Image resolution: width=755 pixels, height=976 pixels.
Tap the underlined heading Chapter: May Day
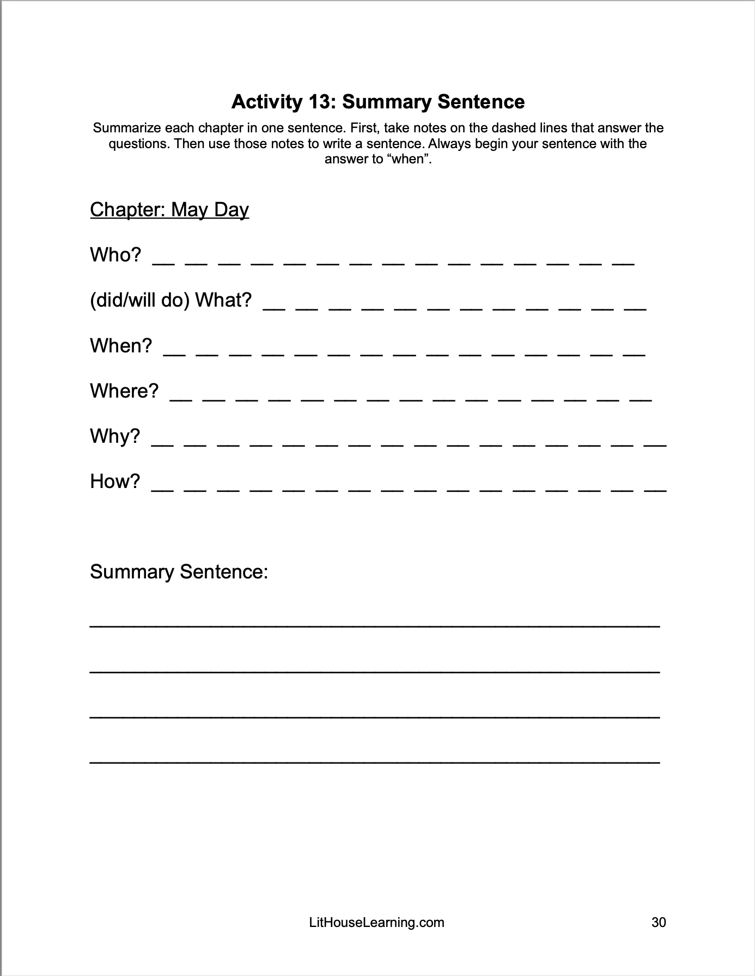pyautogui.click(x=169, y=210)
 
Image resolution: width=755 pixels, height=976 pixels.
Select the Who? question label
pyautogui.click(x=115, y=255)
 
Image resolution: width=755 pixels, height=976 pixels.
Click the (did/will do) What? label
pyautogui.click(x=171, y=300)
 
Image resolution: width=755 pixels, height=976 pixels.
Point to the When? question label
pyautogui.click(x=121, y=346)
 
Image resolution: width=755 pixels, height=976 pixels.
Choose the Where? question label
pyautogui.click(x=124, y=391)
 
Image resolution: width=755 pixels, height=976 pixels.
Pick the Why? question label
pyautogui.click(x=115, y=436)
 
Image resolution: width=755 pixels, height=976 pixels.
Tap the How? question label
pyautogui.click(x=115, y=481)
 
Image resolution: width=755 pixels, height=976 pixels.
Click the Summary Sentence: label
pyautogui.click(x=179, y=572)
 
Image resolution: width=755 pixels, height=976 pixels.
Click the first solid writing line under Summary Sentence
pyautogui.click(x=375, y=627)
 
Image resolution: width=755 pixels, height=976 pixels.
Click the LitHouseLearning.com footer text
pyautogui.click(x=376, y=923)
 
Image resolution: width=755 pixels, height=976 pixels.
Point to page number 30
pyautogui.click(x=659, y=923)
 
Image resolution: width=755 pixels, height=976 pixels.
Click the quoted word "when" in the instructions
pyautogui.click(x=407, y=160)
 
